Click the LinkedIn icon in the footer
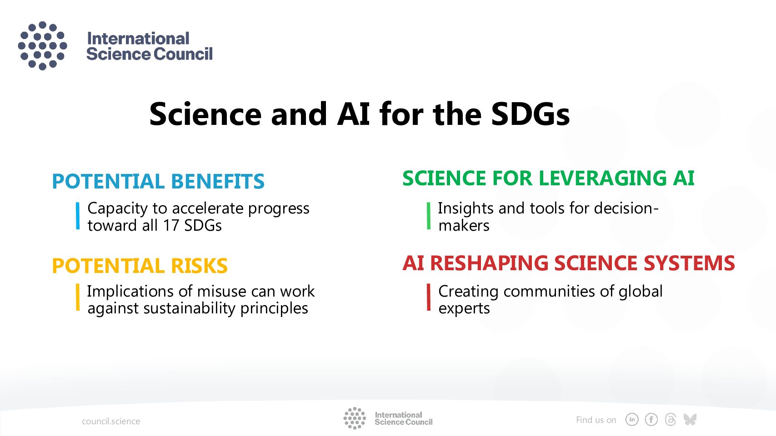click(x=632, y=420)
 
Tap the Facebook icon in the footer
click(x=651, y=420)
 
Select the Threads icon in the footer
click(x=671, y=420)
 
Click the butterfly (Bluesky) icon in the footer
click(x=690, y=419)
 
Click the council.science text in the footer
click(x=111, y=421)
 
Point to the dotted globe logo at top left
click(x=43, y=46)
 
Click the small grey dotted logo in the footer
click(x=355, y=418)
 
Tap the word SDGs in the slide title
click(x=531, y=114)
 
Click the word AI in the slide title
click(x=353, y=114)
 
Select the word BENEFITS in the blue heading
click(x=218, y=181)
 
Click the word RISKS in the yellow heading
click(x=199, y=266)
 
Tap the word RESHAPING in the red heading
click(x=489, y=263)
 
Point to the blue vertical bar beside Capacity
click(x=78, y=216)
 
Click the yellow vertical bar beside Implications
click(x=78, y=297)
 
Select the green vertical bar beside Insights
click(x=429, y=216)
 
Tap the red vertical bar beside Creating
click(x=429, y=297)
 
